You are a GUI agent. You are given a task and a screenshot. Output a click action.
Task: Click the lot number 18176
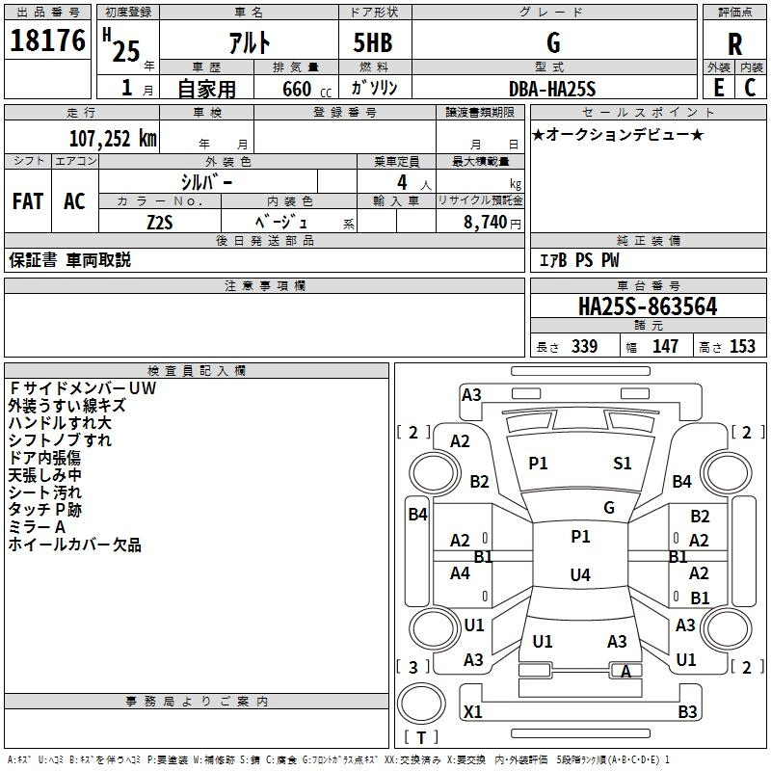[x=47, y=40]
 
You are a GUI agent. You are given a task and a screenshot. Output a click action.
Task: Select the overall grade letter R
[x=734, y=44]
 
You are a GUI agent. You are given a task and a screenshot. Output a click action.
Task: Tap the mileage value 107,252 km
[x=113, y=139]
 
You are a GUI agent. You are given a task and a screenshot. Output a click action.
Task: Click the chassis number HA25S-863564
[x=648, y=306]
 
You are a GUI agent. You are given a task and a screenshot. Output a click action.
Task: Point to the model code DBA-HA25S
[x=552, y=89]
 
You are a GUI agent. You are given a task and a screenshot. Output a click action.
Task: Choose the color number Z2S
[x=160, y=223]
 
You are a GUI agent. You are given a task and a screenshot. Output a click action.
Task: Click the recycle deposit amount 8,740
[x=485, y=223]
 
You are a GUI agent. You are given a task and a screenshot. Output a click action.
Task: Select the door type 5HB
[x=373, y=42]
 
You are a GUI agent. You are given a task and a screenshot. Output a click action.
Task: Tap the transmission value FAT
[x=28, y=201]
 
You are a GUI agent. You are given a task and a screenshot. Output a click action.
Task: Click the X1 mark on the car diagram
[x=472, y=711]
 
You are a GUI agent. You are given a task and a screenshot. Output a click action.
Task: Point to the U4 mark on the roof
[x=580, y=574]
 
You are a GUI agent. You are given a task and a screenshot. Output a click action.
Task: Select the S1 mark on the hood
[x=622, y=464]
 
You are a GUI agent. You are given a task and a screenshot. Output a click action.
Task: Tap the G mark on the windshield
[x=609, y=508]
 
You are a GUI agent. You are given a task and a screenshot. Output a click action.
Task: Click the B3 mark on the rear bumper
[x=687, y=711]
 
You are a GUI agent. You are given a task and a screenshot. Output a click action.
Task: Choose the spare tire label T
[x=421, y=737]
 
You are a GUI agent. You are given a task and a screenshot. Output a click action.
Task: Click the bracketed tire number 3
[x=413, y=667]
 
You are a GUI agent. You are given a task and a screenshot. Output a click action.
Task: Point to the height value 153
[x=742, y=346]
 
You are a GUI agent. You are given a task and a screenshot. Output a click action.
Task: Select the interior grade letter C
[x=750, y=88]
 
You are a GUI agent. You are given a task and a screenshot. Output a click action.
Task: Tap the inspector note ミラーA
[x=37, y=527]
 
